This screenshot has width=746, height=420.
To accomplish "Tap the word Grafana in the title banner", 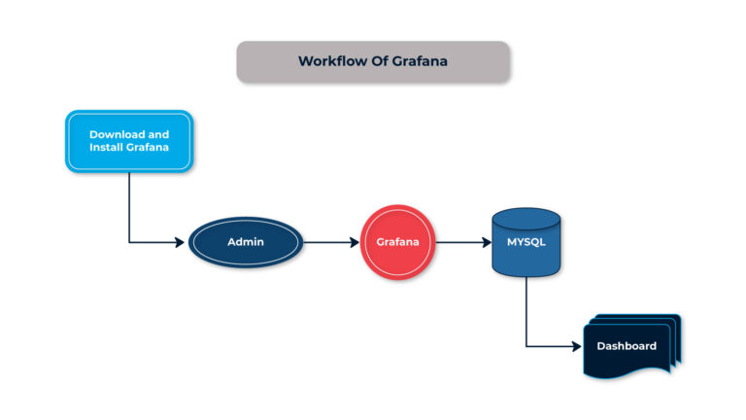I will click(420, 60).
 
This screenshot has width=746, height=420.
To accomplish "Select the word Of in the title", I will click(375, 60).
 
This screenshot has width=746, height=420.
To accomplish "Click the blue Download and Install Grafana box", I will click(129, 141).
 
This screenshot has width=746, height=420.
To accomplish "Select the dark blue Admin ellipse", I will click(245, 241).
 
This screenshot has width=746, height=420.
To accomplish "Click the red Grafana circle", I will click(397, 241).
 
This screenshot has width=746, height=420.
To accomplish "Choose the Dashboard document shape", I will click(627, 347).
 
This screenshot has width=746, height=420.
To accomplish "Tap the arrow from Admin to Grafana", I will click(330, 241).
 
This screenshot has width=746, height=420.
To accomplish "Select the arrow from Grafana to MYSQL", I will click(463, 241).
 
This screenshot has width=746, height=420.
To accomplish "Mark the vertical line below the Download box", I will click(129, 206).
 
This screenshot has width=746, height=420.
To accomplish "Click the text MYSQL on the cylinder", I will click(526, 241).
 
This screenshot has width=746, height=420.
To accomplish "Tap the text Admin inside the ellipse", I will click(245, 241).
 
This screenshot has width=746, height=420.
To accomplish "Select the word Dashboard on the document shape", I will click(627, 346).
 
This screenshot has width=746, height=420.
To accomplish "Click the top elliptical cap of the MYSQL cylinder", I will click(526, 217).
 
